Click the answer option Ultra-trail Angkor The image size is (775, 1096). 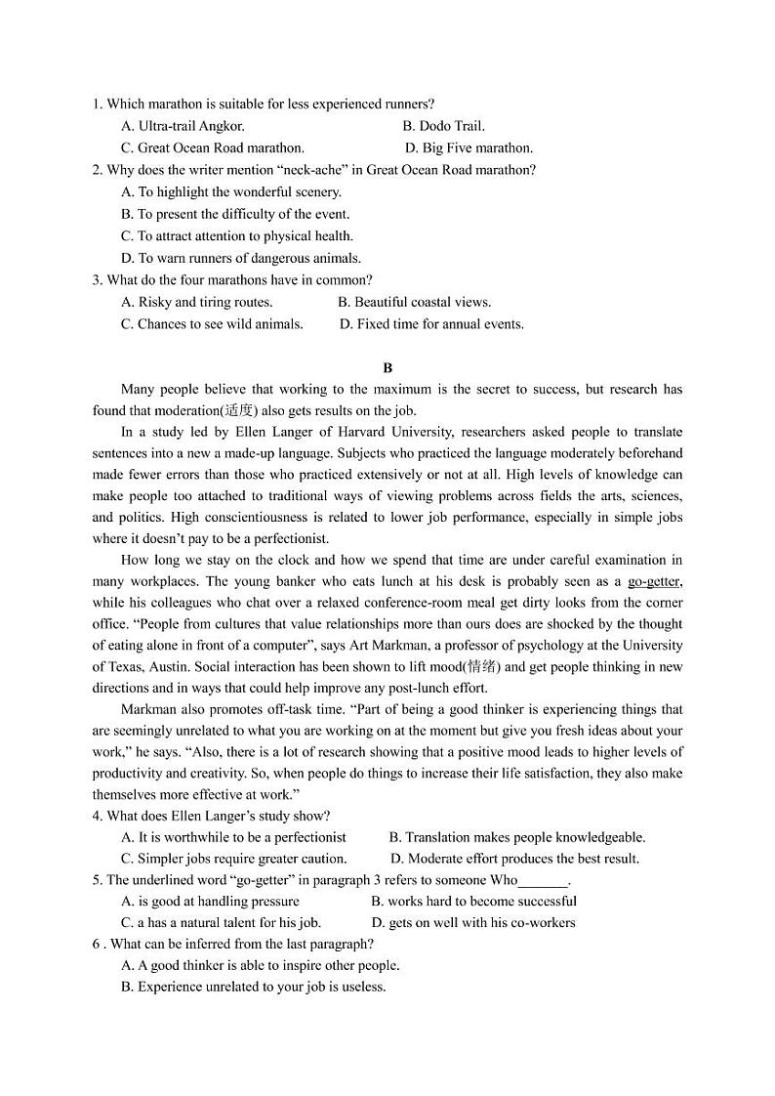click(x=183, y=126)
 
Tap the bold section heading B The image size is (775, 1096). click(x=387, y=368)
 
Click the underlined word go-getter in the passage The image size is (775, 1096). click(x=654, y=581)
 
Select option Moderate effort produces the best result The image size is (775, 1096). click(x=514, y=859)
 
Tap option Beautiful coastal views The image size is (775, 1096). click(x=414, y=303)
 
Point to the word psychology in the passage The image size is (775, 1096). click(x=486, y=646)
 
